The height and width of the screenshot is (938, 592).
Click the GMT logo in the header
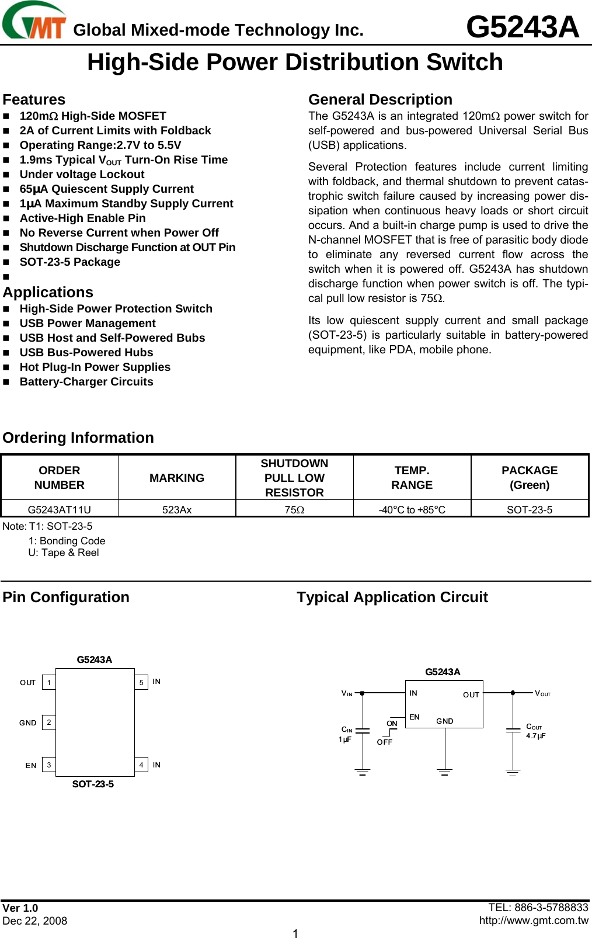point(34,22)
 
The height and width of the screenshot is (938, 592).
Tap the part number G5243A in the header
point(522,27)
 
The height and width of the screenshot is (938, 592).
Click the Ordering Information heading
point(78,437)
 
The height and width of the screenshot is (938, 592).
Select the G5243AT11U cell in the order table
point(60,509)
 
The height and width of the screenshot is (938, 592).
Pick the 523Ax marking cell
point(177,509)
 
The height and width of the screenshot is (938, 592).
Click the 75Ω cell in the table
point(294,509)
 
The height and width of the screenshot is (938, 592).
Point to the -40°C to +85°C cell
point(412,509)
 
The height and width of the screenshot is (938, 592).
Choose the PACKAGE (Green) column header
point(530,478)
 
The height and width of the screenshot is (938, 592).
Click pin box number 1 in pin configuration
point(49,682)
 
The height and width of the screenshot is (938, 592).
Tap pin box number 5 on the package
point(141,682)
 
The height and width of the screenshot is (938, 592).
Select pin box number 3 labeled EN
point(49,765)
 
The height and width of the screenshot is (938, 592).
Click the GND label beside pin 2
point(27,723)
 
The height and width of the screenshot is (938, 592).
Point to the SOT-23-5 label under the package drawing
point(93,784)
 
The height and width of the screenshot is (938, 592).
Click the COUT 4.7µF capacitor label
point(535,731)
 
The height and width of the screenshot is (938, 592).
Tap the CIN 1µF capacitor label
point(346,734)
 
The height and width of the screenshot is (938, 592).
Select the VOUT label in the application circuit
point(542,693)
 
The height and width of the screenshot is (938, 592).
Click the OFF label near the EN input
point(384,742)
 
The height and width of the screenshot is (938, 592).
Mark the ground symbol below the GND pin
point(445,772)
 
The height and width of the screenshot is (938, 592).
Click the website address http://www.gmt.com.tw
point(534,920)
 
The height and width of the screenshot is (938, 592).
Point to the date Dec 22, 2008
point(35,921)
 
